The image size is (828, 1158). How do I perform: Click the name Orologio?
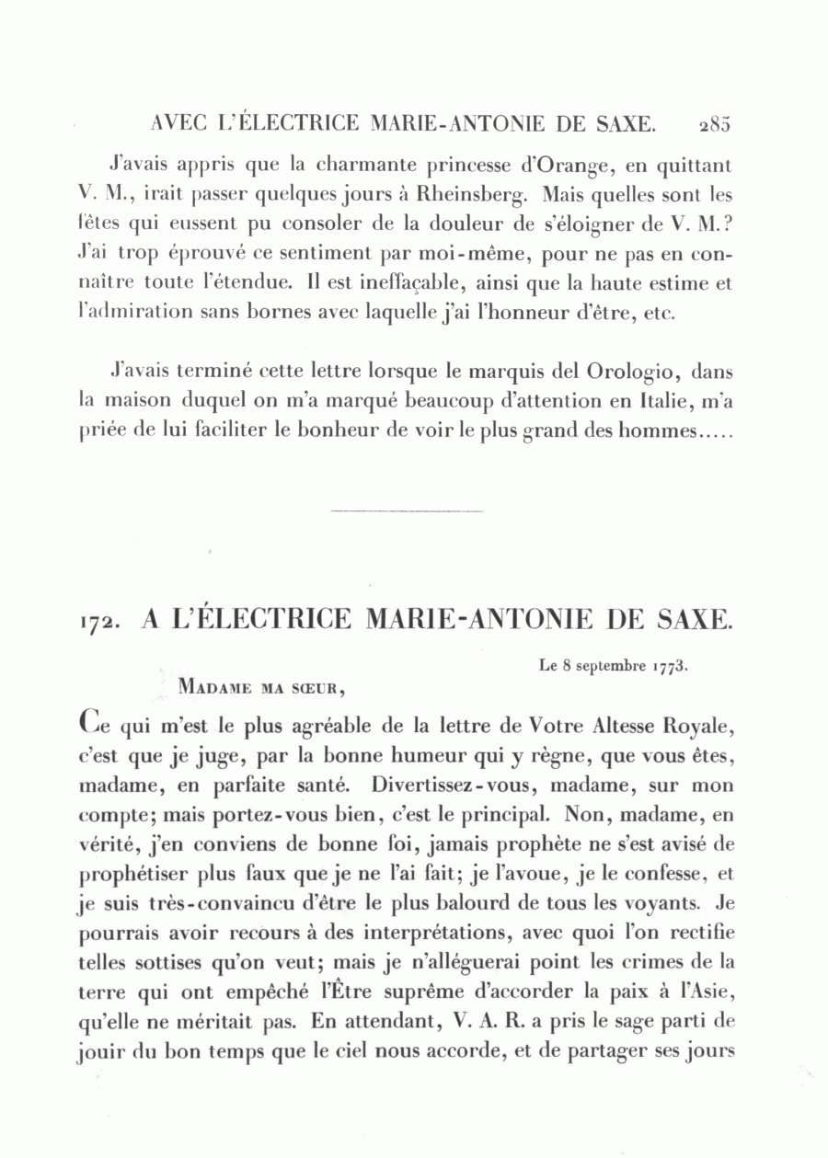click(x=636, y=373)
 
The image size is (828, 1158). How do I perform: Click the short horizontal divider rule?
click(x=406, y=510)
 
